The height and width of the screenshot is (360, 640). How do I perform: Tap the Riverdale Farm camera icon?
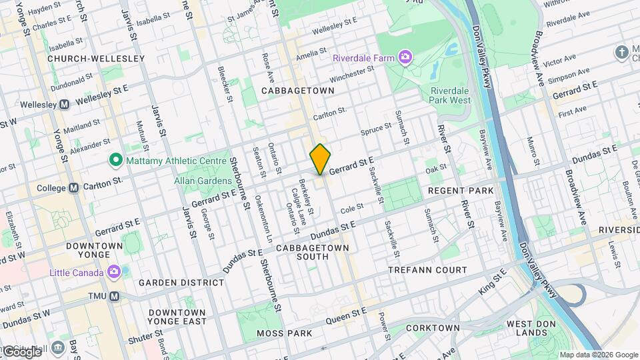(405, 57)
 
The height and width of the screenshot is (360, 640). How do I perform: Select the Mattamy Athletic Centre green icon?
(115, 160)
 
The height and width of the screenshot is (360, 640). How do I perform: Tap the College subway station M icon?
(74, 188)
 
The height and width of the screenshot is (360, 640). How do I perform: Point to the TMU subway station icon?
(115, 295)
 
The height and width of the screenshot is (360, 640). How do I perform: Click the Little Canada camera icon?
(115, 272)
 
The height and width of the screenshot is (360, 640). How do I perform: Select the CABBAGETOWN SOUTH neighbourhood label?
(313, 251)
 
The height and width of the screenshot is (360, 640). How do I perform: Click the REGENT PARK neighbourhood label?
(461, 191)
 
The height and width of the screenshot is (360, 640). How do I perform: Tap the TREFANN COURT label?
(428, 270)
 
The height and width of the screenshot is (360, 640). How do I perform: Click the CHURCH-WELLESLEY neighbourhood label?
(96, 59)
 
